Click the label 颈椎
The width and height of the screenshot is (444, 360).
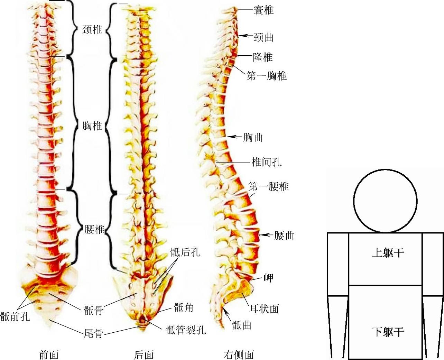(92, 30)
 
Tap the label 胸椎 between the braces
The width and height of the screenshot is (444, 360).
(92, 126)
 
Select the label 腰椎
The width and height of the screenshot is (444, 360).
(94, 229)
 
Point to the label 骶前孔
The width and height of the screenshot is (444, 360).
(15, 316)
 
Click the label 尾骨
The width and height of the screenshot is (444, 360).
(94, 333)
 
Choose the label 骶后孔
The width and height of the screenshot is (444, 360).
(185, 252)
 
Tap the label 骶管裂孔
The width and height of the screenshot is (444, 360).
(185, 330)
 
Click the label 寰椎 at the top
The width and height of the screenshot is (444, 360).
(263, 10)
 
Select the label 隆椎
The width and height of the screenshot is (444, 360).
(263, 57)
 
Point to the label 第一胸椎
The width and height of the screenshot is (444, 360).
(266, 76)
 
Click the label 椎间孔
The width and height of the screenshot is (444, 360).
(266, 161)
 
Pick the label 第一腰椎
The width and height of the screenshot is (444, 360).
(268, 187)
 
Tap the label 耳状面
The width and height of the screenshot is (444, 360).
(264, 309)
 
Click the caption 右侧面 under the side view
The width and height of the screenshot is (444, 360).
(239, 354)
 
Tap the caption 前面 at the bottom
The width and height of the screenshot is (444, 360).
(49, 354)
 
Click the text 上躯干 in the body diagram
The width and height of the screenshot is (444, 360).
(388, 253)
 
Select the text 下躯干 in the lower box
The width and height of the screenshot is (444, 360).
(388, 332)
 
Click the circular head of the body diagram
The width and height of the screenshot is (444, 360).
(385, 201)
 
